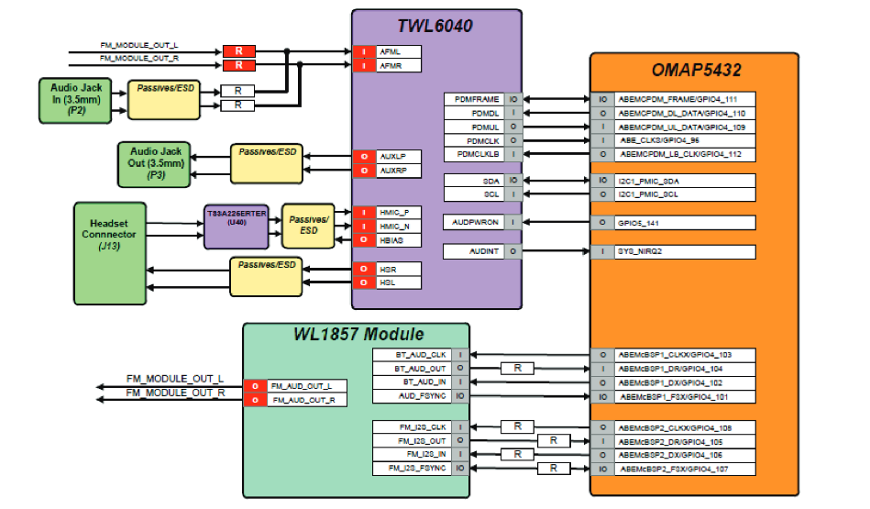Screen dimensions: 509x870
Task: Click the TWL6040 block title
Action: click(436, 26)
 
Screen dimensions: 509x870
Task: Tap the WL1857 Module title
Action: click(357, 334)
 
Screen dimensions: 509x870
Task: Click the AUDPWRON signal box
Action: click(472, 222)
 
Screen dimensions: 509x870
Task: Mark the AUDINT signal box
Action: click(472, 251)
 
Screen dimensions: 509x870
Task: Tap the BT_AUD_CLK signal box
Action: click(412, 354)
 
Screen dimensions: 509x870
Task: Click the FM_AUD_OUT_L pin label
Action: click(306, 386)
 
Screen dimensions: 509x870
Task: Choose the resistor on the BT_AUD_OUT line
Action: click(518, 368)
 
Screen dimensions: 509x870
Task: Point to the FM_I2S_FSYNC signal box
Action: click(412, 469)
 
